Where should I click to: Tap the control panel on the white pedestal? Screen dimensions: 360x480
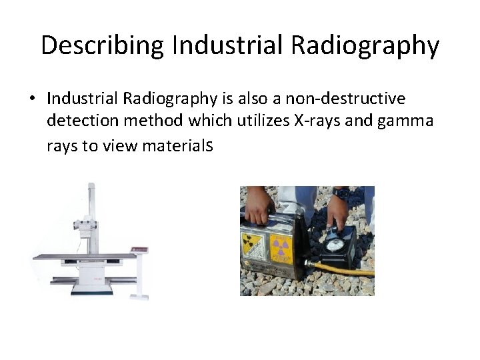[139, 249]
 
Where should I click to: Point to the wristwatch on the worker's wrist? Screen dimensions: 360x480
[341, 193]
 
